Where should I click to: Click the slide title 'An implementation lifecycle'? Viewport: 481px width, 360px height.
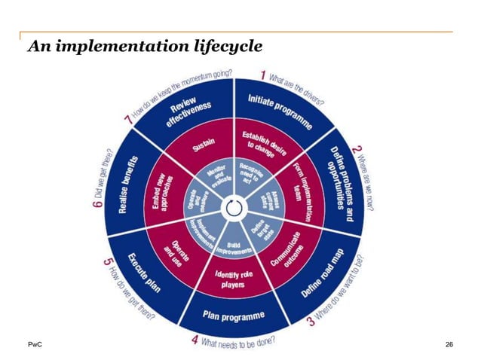(x=145, y=47)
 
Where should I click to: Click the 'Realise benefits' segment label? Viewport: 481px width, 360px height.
(x=125, y=184)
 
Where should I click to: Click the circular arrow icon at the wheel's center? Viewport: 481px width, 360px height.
(x=233, y=206)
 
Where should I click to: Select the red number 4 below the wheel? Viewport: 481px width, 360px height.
(x=195, y=340)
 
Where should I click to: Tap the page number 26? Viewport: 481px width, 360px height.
(x=449, y=345)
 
